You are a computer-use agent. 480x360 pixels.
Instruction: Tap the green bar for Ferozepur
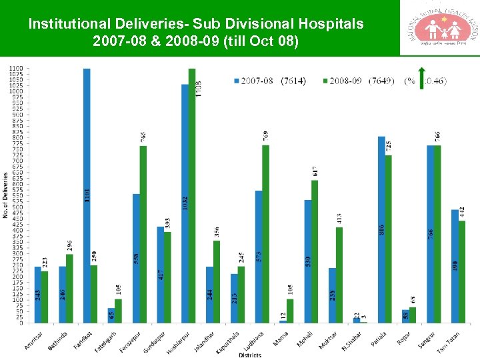143,234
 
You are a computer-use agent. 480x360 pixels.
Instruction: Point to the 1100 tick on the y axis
15,69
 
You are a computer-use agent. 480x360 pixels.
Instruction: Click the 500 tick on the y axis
17,207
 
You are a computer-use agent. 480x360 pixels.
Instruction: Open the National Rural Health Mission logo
439,28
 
